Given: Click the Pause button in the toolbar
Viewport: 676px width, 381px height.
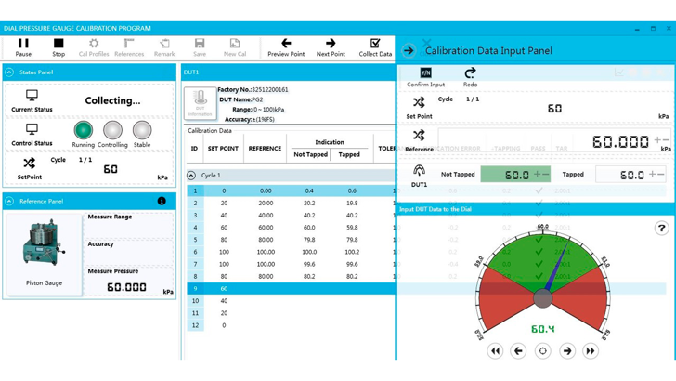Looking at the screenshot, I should tap(23, 46).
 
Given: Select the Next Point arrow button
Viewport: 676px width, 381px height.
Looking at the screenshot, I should tap(331, 46).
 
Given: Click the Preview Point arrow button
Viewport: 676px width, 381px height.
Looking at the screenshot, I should tap(286, 46).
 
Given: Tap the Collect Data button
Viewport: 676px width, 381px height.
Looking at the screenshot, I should tap(375, 46).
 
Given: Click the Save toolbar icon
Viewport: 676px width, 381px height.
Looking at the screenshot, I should tap(200, 46).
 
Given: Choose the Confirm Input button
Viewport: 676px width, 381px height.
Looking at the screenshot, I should tap(425, 76).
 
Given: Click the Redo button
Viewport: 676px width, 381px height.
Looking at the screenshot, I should tap(470, 76).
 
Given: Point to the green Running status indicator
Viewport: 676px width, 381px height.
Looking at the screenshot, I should tap(84, 130).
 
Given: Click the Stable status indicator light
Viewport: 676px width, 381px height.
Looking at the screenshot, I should tap(142, 130).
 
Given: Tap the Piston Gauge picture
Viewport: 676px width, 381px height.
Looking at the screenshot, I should tap(43, 245).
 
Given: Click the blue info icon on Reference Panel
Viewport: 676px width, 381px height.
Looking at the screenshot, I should tap(162, 201).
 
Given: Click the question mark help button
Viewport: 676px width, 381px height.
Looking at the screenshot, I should tap(661, 228).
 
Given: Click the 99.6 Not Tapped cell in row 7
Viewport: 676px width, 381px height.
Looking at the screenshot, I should tap(309, 264).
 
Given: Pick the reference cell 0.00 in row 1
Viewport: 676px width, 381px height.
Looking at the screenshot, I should tap(266, 190).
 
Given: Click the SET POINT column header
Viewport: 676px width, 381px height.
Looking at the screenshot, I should tap(223, 148).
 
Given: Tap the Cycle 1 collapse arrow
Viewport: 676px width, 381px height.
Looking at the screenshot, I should tap(191, 175).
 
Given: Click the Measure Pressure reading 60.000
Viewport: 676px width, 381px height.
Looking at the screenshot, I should tap(126, 288).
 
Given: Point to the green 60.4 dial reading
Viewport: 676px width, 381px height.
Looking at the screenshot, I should tap(542, 329).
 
